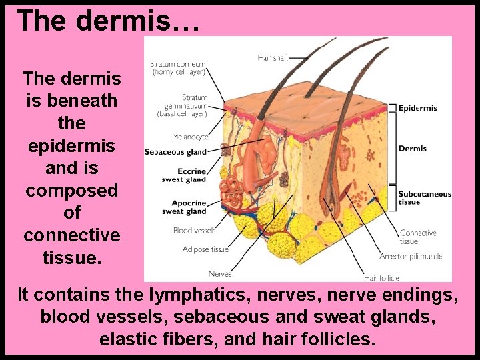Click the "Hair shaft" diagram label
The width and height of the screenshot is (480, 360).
(273, 58)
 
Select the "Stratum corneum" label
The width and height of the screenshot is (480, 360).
(178, 67)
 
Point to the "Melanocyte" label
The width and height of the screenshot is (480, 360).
(189, 137)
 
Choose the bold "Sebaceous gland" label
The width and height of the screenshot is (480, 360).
(175, 152)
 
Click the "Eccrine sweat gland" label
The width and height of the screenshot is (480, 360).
(184, 175)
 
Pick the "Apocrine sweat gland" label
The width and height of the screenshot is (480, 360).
(184, 207)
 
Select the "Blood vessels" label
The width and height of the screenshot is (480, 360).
(194, 231)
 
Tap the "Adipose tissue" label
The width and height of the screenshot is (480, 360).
(205, 249)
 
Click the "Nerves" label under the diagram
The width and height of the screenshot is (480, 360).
(220, 274)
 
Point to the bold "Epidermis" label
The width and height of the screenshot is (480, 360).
(417, 108)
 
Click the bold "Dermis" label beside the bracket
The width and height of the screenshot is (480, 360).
(412, 149)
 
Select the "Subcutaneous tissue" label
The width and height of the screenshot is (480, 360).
(424, 198)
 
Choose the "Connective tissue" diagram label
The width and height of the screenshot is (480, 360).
(418, 237)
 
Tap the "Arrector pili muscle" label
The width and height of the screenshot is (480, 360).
(410, 257)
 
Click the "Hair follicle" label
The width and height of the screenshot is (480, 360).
(381, 277)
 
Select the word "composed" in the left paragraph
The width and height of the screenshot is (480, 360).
(71, 191)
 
